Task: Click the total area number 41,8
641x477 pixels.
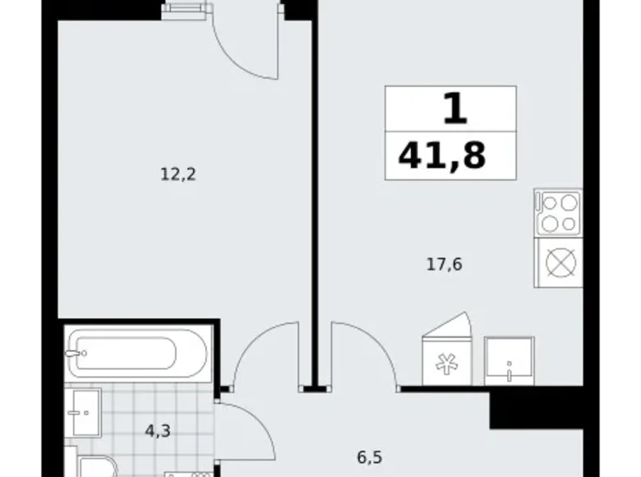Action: [x=441, y=154]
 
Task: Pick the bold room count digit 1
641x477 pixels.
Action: [x=454, y=109]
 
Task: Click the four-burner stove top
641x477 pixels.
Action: [x=558, y=213]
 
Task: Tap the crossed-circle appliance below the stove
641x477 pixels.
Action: [x=558, y=262]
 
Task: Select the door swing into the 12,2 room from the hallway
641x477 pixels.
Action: [x=265, y=350]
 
